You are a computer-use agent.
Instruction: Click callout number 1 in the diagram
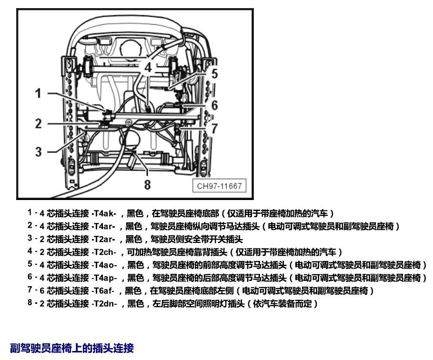point(38,93)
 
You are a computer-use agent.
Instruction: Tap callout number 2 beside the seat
point(39,123)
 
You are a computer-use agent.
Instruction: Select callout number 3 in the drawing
point(39,152)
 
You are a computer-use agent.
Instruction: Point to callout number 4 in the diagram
point(148,68)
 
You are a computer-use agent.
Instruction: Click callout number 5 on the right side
point(214,74)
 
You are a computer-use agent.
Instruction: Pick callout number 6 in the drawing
point(214,105)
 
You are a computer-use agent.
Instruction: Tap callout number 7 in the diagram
point(214,129)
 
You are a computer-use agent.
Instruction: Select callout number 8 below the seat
point(148,185)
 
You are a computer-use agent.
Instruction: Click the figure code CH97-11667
point(219,186)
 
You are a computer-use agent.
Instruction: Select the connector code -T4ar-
point(103,226)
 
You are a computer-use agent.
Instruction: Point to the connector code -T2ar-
point(103,239)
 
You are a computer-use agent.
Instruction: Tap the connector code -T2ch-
point(104,252)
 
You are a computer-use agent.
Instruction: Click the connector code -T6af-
point(103,290)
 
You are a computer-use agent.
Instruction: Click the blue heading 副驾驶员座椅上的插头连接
point(72,348)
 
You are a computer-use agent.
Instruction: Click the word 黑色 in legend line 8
point(136,304)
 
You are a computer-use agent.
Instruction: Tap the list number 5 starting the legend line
point(30,264)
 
